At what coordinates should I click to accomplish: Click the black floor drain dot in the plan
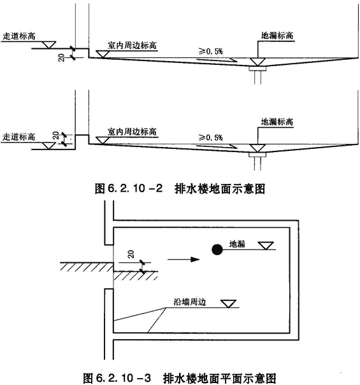(217, 249)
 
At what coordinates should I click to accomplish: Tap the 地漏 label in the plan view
(237, 244)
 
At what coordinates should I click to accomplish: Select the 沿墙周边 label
(190, 302)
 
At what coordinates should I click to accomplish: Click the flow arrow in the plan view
(184, 259)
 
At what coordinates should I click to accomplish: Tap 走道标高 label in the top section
(19, 36)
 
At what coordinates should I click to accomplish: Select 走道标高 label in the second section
(19, 137)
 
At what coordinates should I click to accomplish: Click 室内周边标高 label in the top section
(132, 45)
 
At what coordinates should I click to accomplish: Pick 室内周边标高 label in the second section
(132, 131)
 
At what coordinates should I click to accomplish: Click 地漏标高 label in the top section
(277, 36)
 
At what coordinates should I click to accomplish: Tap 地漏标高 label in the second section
(277, 122)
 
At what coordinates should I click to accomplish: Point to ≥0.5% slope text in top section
(211, 52)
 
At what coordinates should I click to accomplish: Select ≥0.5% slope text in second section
(211, 137)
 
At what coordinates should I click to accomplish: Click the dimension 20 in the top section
(61, 58)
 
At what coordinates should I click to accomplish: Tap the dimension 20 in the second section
(56, 136)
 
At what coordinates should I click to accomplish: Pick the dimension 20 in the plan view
(131, 254)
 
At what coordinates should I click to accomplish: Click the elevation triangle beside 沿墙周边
(229, 304)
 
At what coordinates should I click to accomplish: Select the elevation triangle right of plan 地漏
(266, 246)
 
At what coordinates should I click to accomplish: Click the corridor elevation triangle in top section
(48, 45)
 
